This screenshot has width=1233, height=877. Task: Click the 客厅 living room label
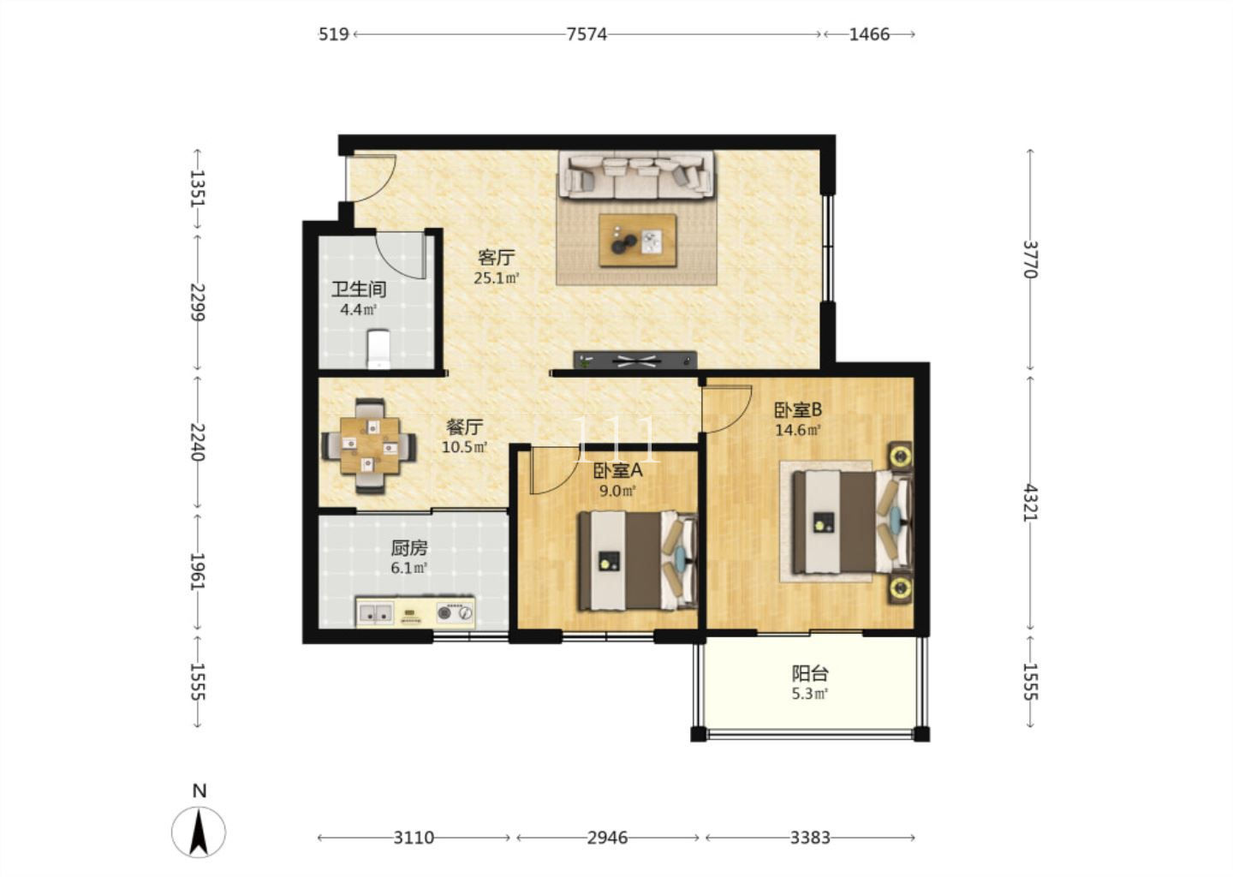(497, 257)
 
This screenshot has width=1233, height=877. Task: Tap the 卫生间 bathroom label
(358, 289)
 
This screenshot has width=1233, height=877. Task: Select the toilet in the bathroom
(378, 349)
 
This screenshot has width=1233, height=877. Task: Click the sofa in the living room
(637, 174)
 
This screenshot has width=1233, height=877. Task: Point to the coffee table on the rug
(637, 241)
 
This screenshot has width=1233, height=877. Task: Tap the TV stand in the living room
(635, 361)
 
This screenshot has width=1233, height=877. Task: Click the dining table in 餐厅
(369, 446)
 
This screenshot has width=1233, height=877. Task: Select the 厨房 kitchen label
(409, 548)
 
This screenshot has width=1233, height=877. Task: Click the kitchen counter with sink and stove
(415, 612)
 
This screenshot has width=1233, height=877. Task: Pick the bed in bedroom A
(637, 561)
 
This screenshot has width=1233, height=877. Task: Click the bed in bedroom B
(851, 522)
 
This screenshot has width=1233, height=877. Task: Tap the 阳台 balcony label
(810, 673)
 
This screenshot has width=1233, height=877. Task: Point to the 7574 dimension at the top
(587, 34)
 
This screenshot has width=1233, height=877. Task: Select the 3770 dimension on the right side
(1030, 260)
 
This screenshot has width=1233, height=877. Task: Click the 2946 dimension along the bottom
(607, 838)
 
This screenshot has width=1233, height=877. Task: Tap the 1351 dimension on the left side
(197, 188)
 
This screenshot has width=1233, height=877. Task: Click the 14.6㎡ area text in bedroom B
(798, 430)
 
